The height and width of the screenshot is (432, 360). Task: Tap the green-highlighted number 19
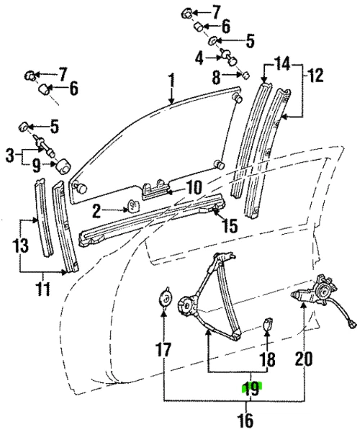[x=251, y=390]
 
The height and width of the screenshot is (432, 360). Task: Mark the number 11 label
[x=45, y=291]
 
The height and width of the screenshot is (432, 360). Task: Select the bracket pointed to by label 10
[x=156, y=189]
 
